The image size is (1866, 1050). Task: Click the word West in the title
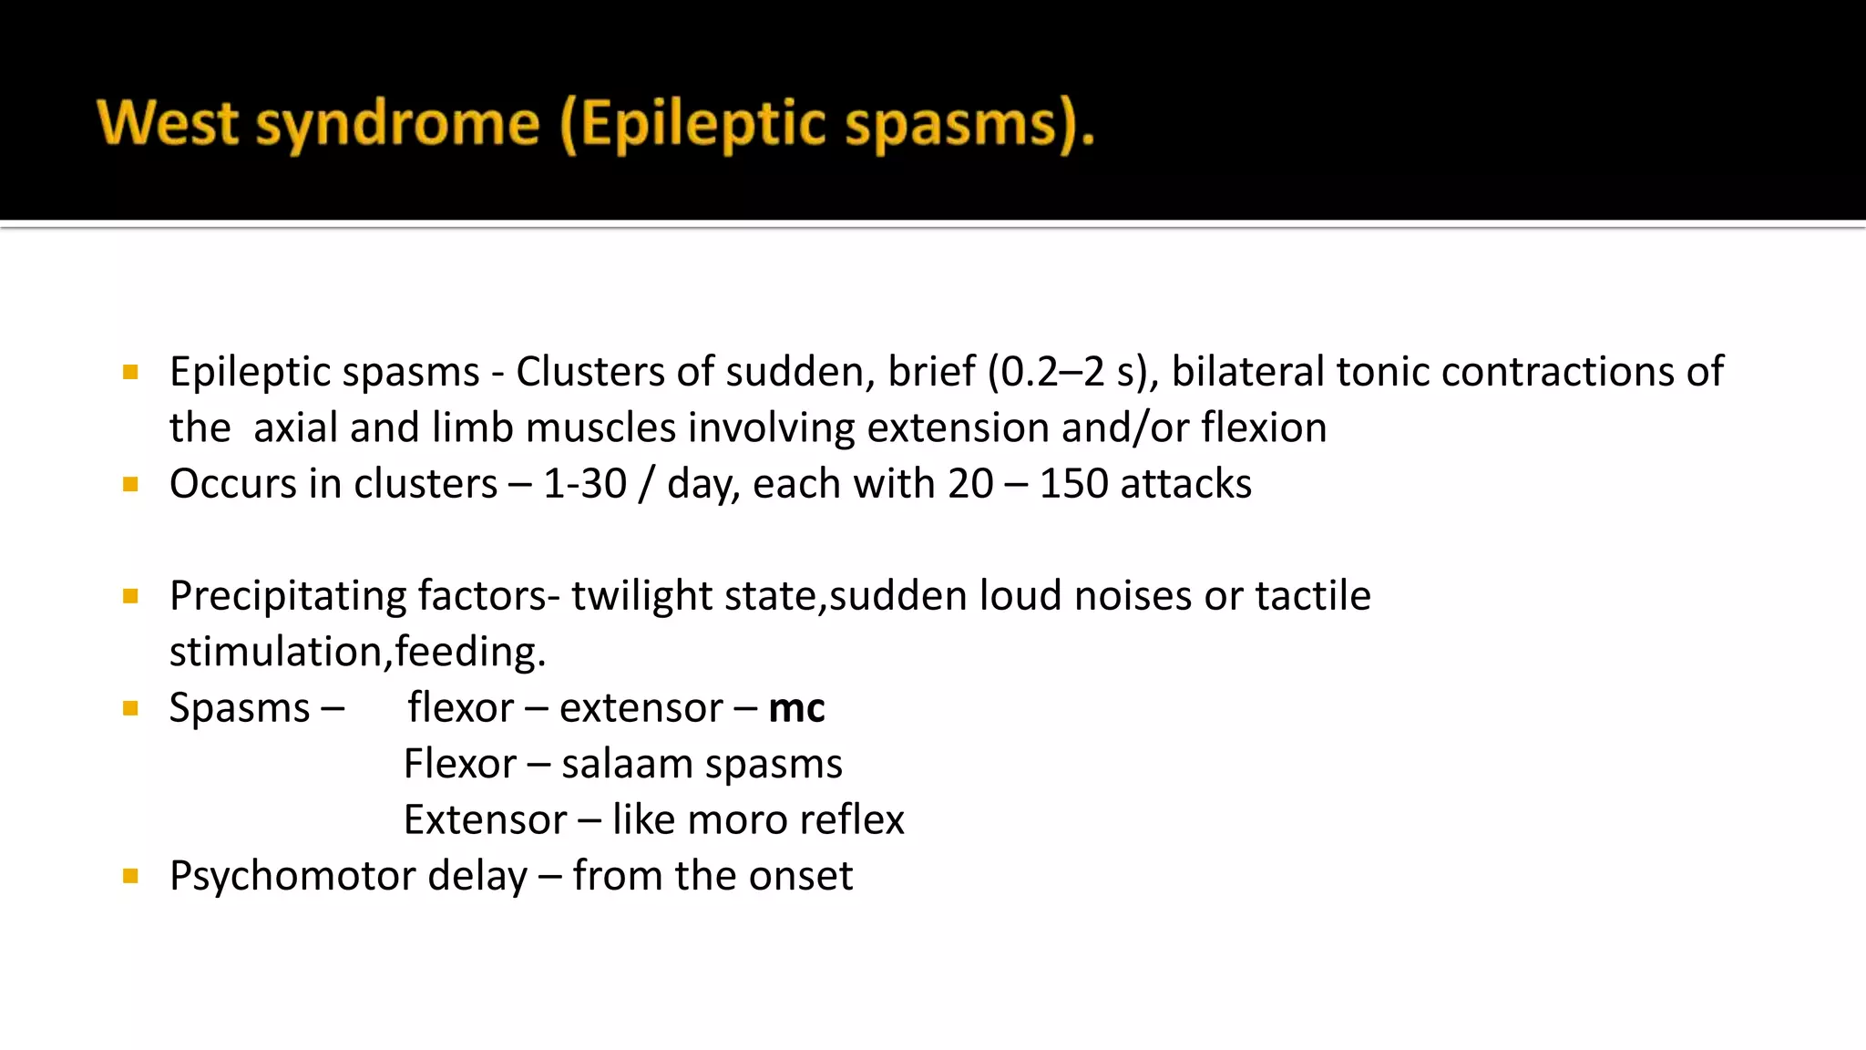click(168, 124)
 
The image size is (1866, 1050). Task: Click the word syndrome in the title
click(397, 126)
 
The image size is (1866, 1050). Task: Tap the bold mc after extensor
click(796, 708)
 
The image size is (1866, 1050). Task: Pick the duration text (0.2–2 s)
click(1068, 372)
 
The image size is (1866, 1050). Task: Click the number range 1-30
click(585, 484)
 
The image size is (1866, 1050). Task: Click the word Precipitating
click(288, 596)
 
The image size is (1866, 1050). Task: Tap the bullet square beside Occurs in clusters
click(130, 484)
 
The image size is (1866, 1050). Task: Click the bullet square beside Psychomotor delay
click(130, 877)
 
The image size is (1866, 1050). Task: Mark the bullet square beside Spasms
click(130, 708)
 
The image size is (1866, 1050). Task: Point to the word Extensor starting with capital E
click(485, 820)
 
